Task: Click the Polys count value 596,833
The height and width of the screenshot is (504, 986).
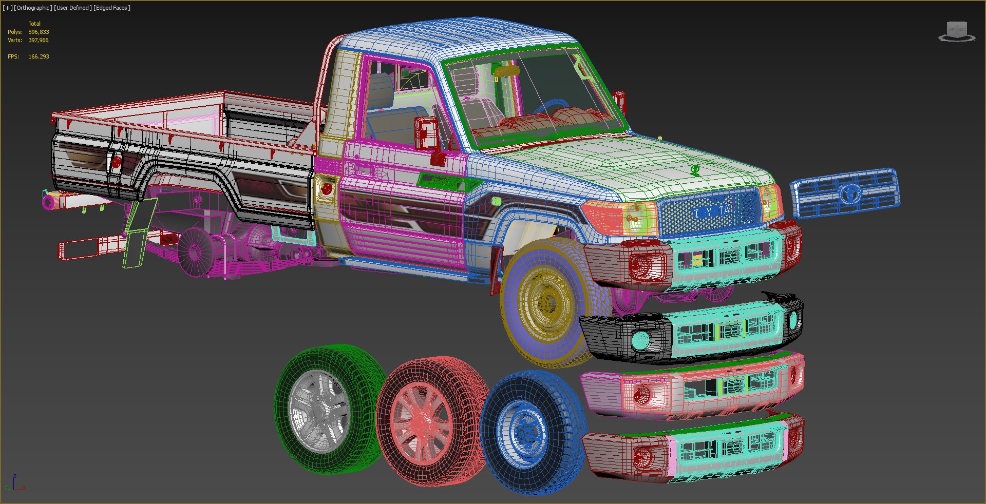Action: [x=39, y=32]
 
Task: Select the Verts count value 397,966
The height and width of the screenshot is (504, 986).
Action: [x=39, y=40]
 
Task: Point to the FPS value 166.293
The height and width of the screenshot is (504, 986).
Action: [x=39, y=56]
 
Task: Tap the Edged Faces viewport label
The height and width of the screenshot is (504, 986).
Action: [x=112, y=8]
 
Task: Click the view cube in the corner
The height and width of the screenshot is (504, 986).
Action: [x=956, y=31]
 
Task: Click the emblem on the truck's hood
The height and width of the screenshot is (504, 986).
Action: [x=695, y=169]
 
